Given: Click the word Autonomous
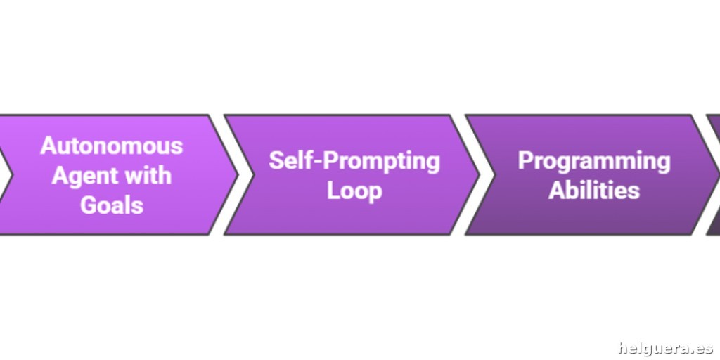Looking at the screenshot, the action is point(112,146).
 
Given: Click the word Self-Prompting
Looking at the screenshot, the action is point(354,162).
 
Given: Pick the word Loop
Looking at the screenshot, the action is point(354,191).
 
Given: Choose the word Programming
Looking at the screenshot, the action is point(594,162).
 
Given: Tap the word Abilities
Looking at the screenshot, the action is point(594,190).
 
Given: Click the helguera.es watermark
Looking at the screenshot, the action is point(665,349).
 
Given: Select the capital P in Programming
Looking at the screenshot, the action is point(526,161).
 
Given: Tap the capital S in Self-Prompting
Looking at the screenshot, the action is point(276,161).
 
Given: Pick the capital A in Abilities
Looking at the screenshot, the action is point(557,190).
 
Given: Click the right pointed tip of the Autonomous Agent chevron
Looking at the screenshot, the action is point(238,174).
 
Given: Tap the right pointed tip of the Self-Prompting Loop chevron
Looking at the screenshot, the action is point(480,174).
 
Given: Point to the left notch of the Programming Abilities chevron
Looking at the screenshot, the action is point(494,174).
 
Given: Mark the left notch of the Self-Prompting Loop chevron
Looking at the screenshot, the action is point(253,174).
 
